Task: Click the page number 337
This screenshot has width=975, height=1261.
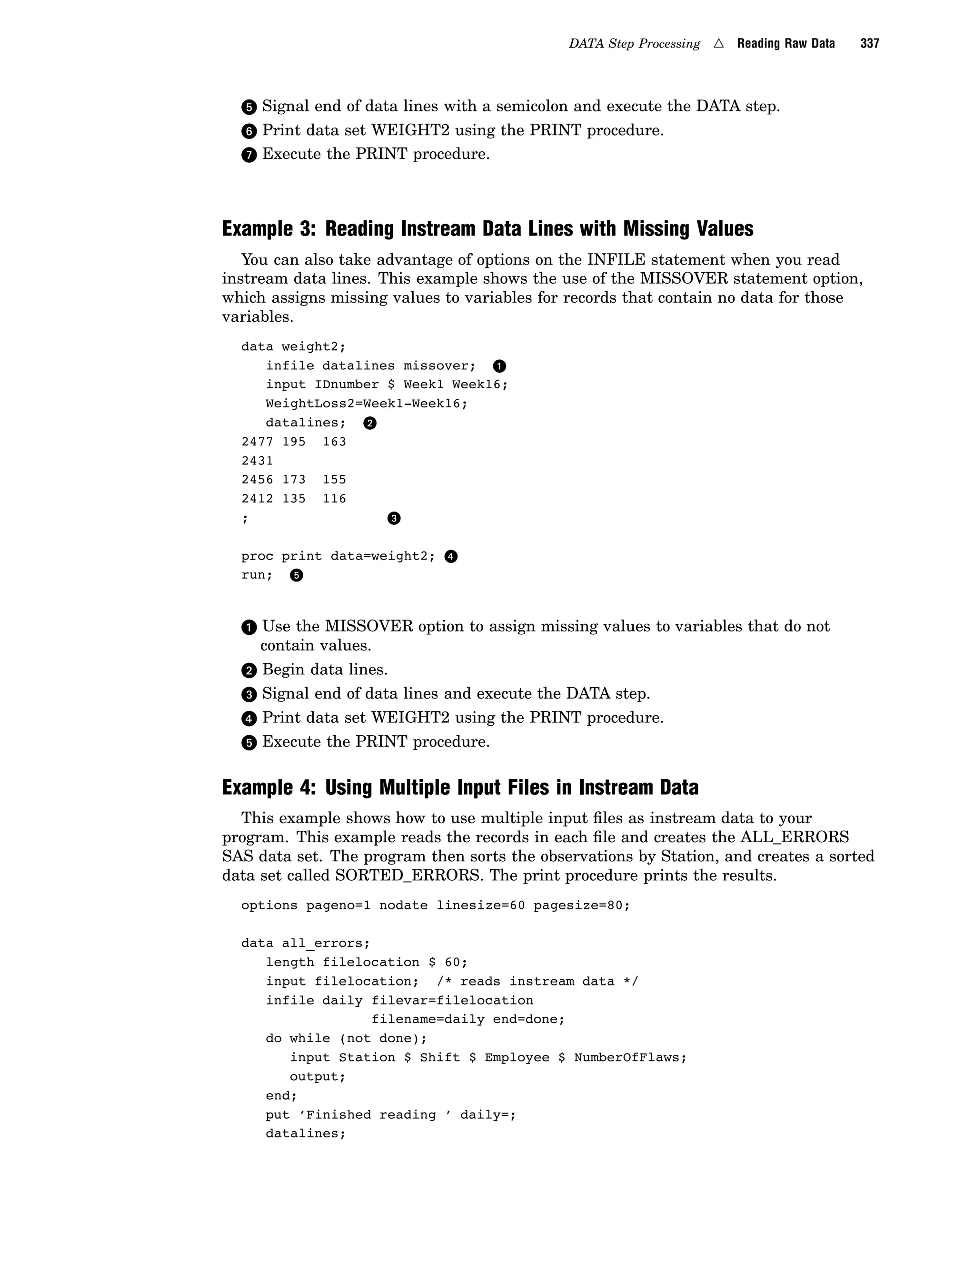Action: pyautogui.click(x=869, y=43)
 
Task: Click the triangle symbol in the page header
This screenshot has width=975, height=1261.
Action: pyautogui.click(x=718, y=43)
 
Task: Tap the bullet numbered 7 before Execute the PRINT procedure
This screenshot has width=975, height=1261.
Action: pyautogui.click(x=249, y=155)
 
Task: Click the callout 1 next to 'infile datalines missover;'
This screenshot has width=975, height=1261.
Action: pyautogui.click(x=499, y=366)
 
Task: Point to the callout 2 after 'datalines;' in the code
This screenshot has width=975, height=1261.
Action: pyautogui.click(x=369, y=423)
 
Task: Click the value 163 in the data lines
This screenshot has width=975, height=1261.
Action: pyautogui.click(x=334, y=442)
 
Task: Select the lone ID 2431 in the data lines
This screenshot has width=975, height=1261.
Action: pyautogui.click(x=257, y=461)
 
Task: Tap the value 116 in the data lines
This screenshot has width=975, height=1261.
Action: pyautogui.click(x=334, y=499)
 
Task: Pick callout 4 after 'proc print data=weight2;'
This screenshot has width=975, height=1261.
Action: pyautogui.click(x=451, y=557)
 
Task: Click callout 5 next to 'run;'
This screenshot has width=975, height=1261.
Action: pyautogui.click(x=296, y=575)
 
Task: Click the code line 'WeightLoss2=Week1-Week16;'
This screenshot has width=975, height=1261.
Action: pyautogui.click(x=366, y=404)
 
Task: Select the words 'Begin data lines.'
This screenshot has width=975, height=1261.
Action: pyautogui.click(x=325, y=670)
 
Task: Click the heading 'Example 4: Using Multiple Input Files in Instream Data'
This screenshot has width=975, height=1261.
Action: pyautogui.click(x=460, y=788)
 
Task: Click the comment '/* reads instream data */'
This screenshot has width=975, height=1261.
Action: pyautogui.click(x=537, y=982)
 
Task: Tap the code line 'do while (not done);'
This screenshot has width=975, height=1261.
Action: pyautogui.click(x=346, y=1039)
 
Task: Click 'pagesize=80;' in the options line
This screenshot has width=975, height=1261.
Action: pyautogui.click(x=582, y=906)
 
